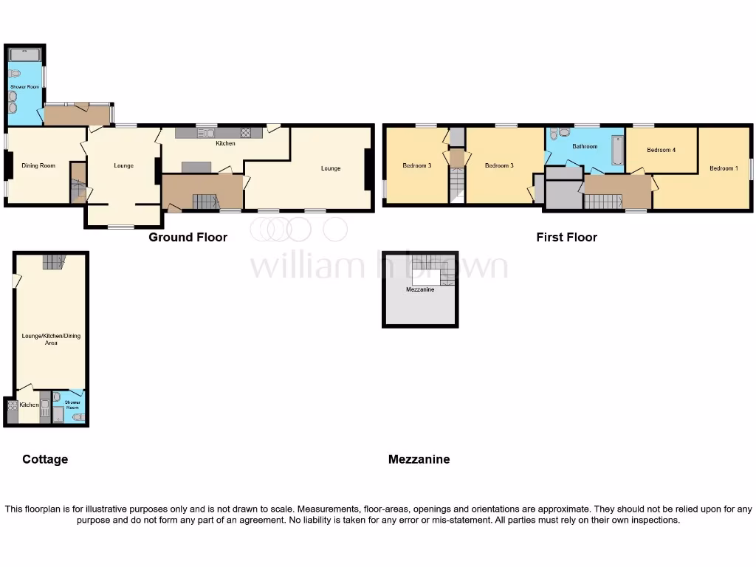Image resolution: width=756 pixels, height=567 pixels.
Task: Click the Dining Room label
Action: coord(38,165)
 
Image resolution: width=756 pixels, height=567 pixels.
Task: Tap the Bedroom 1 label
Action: coord(723,168)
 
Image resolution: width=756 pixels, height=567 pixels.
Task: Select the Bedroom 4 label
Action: coord(661,150)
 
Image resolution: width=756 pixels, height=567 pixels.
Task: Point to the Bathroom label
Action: coord(585,146)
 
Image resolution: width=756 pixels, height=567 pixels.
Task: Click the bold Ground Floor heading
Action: coord(188,237)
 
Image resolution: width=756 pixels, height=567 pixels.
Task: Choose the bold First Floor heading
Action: coord(566,237)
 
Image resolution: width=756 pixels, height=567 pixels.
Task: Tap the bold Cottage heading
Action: coord(45,459)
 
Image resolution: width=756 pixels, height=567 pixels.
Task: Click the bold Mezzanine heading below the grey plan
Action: coord(419,459)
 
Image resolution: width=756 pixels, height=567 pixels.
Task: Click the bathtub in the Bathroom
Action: coord(617,150)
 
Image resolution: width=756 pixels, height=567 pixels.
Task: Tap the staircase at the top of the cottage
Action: coord(53,261)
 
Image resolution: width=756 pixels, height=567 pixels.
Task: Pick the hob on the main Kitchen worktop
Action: coord(246,134)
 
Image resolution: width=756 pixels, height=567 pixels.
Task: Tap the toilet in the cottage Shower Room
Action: coord(79,417)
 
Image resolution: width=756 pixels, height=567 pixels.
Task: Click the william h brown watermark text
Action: coord(378,265)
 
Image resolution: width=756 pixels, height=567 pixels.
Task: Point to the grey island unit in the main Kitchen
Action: coord(196,167)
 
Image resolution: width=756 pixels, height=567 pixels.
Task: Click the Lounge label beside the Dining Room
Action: coord(123,165)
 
